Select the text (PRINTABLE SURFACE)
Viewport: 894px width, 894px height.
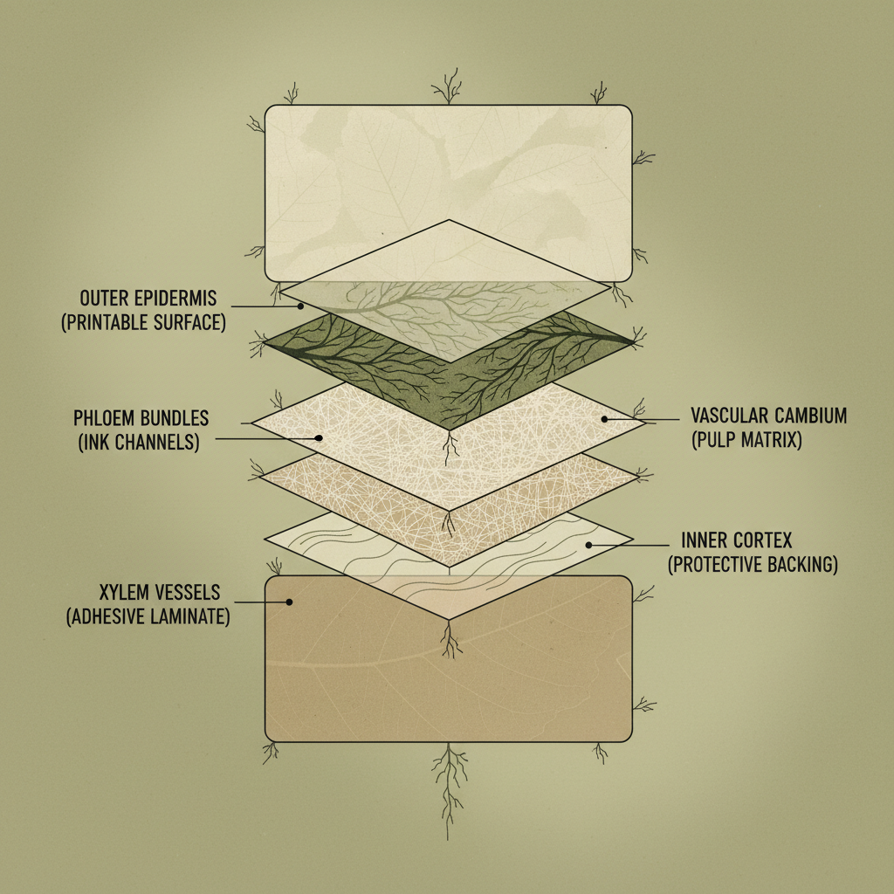coord(144,322)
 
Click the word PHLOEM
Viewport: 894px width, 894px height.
coord(105,418)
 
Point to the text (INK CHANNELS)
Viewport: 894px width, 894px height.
coord(139,443)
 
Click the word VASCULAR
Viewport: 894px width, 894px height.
coord(727,415)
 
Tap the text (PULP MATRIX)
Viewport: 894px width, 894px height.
coord(747,440)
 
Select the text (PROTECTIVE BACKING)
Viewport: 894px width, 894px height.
coord(753,564)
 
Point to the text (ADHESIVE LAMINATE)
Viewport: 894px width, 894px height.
coord(148,617)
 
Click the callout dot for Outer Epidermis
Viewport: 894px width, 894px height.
coord(300,306)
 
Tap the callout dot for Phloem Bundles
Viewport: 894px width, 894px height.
coord(319,438)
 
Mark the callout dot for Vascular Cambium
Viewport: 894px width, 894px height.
coord(604,419)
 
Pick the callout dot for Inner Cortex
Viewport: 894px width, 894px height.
coord(589,545)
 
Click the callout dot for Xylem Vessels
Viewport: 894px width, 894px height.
coord(289,602)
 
